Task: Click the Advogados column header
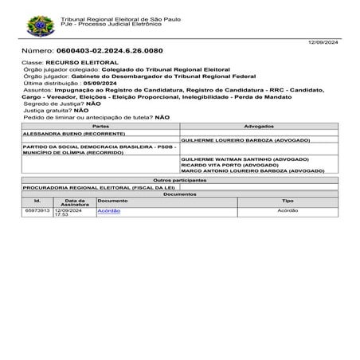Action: point(260,127)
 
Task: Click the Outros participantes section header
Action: point(180,180)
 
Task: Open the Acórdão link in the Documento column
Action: point(108,210)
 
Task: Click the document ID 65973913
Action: point(37,210)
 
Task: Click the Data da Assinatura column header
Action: point(75,202)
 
